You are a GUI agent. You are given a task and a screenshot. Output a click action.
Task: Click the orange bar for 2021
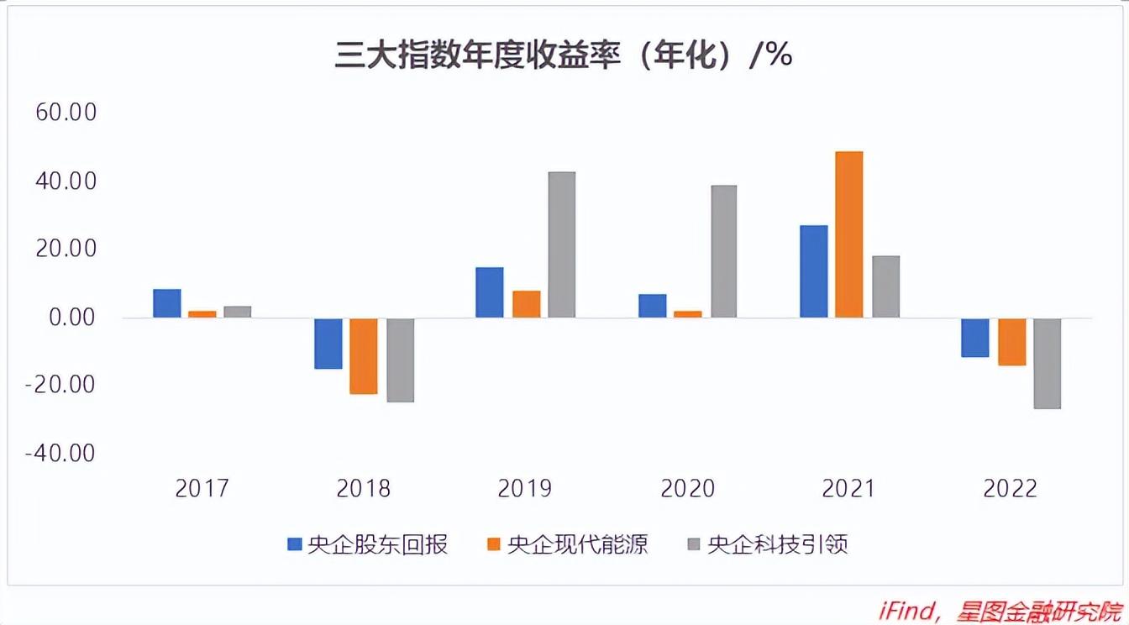click(x=848, y=234)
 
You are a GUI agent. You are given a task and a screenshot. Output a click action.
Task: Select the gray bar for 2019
click(x=561, y=244)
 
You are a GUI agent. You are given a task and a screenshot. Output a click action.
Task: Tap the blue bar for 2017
click(x=167, y=303)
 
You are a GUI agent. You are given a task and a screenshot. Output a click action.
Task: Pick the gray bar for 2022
click(x=1047, y=364)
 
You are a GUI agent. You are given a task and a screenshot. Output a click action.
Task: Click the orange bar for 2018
click(x=364, y=356)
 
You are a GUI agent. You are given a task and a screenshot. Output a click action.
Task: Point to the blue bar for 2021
click(x=813, y=271)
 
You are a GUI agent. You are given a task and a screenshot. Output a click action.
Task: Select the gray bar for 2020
click(x=723, y=251)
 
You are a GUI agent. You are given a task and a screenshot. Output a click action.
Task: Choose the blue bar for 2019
click(x=490, y=292)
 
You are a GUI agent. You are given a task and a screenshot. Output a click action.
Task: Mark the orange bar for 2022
click(x=1011, y=342)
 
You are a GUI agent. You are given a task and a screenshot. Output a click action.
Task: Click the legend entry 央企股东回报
click(x=367, y=544)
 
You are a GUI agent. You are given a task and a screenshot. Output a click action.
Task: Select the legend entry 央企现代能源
click(x=567, y=544)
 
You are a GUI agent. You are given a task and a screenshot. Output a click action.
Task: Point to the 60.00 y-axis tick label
click(x=66, y=113)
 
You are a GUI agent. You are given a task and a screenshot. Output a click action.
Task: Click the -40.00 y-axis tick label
click(x=61, y=454)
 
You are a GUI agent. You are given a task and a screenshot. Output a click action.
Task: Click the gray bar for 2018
click(x=401, y=360)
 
